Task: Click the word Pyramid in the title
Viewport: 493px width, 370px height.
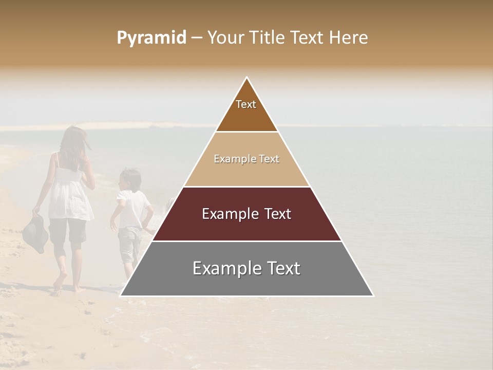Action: pos(151,38)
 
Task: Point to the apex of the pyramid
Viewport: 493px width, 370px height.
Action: pos(247,79)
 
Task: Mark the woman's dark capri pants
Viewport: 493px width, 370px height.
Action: pos(68,230)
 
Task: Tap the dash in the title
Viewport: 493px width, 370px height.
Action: pos(197,38)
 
